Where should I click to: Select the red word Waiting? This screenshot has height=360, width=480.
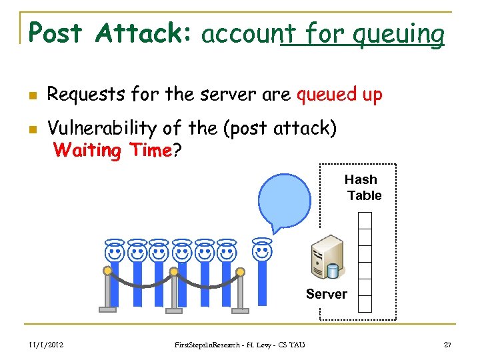pos(86,150)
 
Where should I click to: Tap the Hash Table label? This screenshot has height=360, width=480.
pos(363,187)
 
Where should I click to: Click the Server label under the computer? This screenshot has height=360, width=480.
pos(326,294)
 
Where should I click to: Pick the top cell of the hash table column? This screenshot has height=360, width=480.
pos(365,220)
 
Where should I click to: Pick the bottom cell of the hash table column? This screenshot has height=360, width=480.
pos(365,303)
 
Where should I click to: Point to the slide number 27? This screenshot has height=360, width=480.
pos(447,344)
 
